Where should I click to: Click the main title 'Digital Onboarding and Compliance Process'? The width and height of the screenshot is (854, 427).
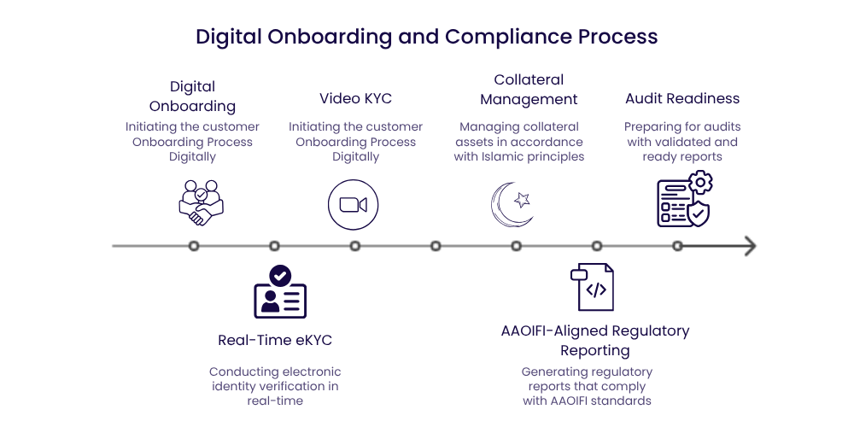(426, 37)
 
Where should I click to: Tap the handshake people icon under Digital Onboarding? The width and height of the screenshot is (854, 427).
(201, 202)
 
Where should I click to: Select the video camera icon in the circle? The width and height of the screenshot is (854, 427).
(353, 205)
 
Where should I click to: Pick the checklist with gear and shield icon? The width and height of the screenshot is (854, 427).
(684, 200)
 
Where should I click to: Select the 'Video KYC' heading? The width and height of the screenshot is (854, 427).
(355, 98)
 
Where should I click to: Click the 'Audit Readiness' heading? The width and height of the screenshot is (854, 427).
(682, 98)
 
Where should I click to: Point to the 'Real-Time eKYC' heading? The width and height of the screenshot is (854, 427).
(275, 340)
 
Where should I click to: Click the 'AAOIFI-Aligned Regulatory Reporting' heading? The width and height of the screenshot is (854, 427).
(595, 340)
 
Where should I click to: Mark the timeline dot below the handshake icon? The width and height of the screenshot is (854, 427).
(194, 246)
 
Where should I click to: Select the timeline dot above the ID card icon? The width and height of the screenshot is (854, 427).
(274, 246)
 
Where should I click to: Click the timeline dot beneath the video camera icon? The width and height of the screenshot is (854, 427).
(355, 246)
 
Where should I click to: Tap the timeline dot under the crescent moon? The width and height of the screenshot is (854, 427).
(517, 246)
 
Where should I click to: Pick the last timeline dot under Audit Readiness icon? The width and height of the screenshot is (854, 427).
(677, 246)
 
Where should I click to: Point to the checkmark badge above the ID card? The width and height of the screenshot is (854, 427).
(279, 275)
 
